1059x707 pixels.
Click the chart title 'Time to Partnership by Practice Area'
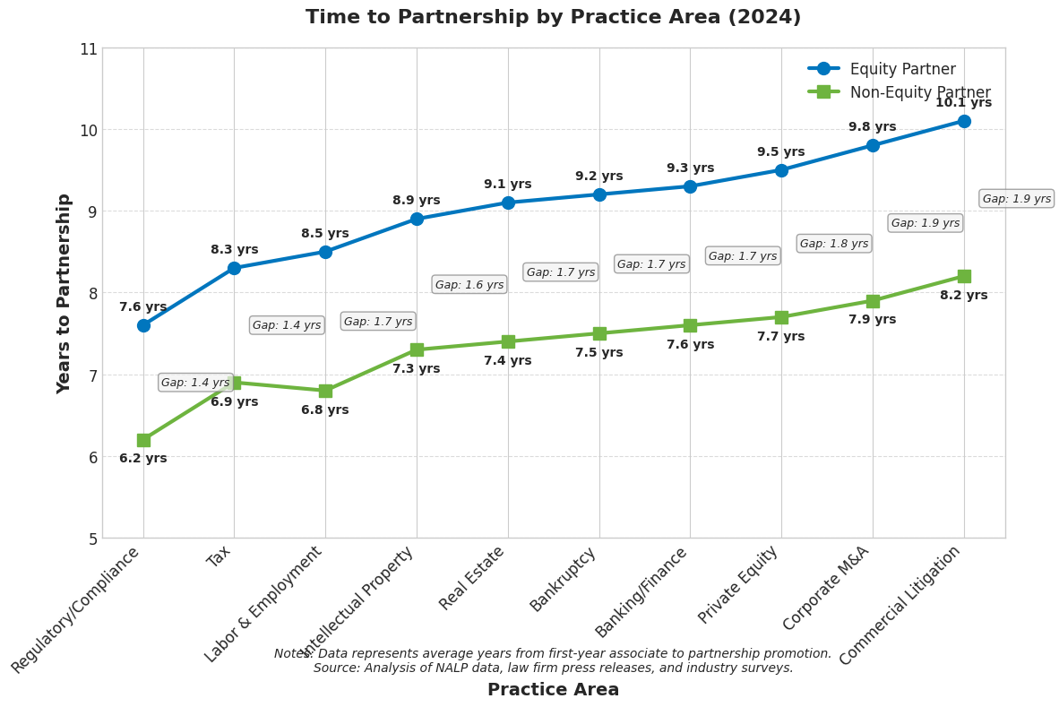(553, 18)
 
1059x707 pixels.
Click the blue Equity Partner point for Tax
(234, 268)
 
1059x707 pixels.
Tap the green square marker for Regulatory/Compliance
(143, 440)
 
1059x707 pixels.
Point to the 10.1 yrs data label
(963, 103)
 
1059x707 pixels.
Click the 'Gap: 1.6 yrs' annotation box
(469, 285)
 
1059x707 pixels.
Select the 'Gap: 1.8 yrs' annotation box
(833, 244)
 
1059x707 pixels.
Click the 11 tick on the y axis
(88, 48)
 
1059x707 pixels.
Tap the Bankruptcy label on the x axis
(564, 580)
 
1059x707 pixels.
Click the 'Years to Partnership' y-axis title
(64, 293)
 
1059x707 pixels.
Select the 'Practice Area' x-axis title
(553, 690)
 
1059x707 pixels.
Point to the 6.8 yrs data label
(324, 410)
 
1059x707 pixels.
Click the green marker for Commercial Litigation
(963, 276)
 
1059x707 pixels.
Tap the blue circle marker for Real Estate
(508, 203)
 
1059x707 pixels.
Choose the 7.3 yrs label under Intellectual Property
(416, 369)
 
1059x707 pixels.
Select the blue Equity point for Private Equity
(781, 170)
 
